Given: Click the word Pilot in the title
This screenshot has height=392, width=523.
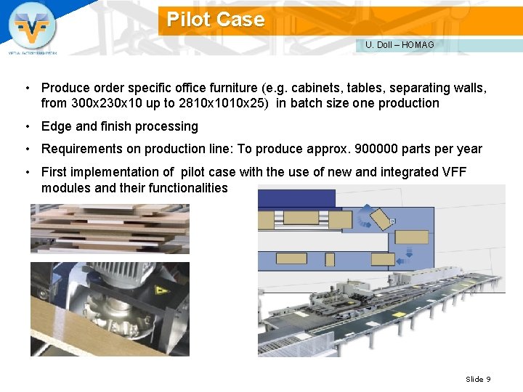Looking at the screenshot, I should click(188, 20).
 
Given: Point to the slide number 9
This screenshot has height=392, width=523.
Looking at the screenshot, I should click(489, 379).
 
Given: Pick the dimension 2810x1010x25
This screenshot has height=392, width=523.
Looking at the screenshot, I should click(222, 103).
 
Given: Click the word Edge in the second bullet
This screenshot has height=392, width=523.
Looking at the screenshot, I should click(57, 126).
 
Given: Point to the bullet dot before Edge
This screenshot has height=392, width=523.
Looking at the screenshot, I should click(26, 126).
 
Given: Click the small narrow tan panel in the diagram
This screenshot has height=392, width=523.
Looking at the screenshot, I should click(329, 259).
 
